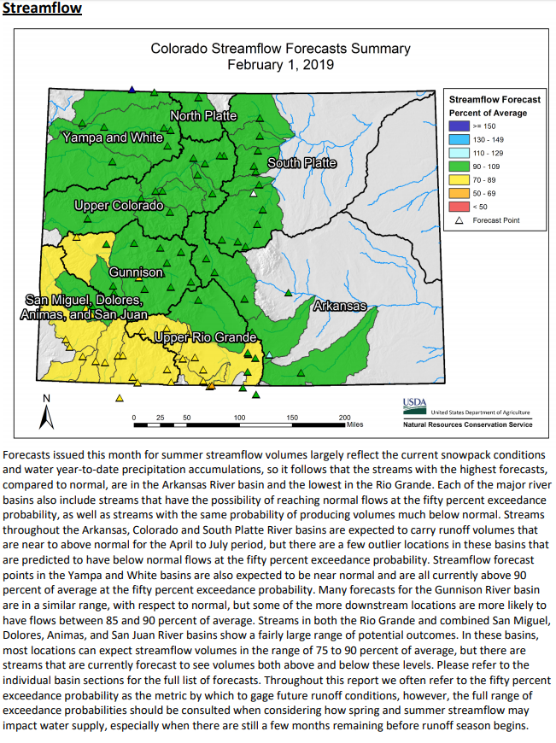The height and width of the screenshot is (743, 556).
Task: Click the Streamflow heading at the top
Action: [x=43, y=9]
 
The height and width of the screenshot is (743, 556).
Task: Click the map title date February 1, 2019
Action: [x=280, y=64]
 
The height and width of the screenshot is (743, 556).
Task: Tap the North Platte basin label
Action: [x=203, y=115]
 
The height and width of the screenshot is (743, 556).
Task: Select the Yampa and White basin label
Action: [x=112, y=137]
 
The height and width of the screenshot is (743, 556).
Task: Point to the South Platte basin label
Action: [x=301, y=162]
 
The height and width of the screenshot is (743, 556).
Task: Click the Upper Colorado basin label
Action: [x=118, y=206]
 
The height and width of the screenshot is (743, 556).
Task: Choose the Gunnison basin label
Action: [x=136, y=272]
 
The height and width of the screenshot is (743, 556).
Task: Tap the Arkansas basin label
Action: [x=340, y=305]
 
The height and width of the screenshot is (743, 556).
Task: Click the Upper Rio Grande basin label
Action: [x=205, y=338]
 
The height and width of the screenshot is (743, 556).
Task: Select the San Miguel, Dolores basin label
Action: [x=84, y=300]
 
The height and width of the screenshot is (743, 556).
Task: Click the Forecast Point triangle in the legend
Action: [x=458, y=220]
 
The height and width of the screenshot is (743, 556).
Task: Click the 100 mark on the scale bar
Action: [x=239, y=417]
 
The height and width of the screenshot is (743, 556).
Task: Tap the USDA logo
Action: [x=414, y=404]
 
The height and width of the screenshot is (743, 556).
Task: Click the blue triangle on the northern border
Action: [x=132, y=89]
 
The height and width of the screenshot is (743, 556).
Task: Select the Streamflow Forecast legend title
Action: [x=489, y=100]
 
